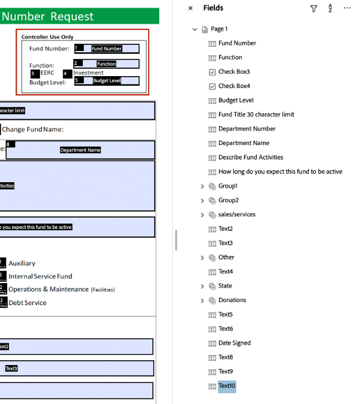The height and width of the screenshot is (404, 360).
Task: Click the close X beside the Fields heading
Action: pos(191,8)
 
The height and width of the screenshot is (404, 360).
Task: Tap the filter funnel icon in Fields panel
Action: pos(314,8)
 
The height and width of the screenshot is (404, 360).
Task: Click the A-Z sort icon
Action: pos(330,8)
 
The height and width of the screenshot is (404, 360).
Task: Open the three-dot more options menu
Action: pos(347,8)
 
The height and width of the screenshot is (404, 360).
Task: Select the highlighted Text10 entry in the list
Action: pos(227,386)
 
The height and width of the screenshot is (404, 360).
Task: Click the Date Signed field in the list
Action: pos(235,343)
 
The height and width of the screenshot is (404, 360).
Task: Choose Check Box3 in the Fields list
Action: pos(234,72)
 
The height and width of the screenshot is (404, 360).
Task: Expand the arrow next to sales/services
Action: pos(202,215)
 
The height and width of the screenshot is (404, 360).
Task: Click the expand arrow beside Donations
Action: pos(202,300)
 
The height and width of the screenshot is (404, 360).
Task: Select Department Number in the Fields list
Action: pos(247,129)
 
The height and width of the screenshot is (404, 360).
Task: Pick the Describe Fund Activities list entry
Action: pos(251,158)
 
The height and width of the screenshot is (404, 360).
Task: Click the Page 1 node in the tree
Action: pos(219,29)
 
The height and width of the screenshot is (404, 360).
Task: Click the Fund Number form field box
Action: pos(107,49)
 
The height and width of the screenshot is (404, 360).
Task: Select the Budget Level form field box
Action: pos(107,81)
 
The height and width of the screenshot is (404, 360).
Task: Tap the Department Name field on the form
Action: pos(80,150)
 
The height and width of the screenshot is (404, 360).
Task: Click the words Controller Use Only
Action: pos(47,37)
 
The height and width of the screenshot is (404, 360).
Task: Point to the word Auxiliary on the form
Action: pos(22,263)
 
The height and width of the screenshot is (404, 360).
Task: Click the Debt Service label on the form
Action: pos(27,303)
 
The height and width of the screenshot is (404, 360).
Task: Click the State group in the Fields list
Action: pos(225,286)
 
